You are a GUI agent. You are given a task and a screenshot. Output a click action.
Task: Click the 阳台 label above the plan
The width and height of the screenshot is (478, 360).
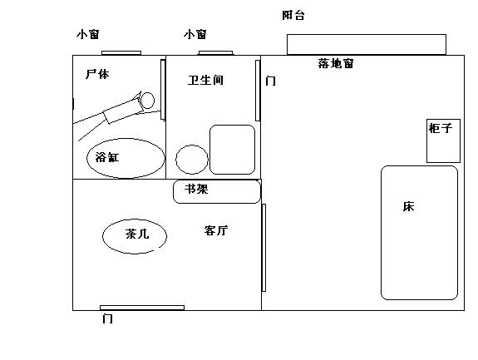point(293,15)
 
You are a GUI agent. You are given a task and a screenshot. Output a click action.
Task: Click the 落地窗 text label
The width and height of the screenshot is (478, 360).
point(336,63)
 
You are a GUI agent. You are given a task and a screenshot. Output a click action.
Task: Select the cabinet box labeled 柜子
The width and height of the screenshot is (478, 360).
point(443,141)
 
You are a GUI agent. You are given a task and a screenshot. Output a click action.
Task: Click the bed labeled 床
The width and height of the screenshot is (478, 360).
point(420,233)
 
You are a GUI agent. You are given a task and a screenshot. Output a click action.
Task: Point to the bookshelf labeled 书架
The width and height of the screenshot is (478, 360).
point(217,191)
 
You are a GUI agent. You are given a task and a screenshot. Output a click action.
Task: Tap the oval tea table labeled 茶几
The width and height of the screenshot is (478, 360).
point(135,236)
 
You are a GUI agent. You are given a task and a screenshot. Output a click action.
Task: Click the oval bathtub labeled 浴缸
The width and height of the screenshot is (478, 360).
point(126,158)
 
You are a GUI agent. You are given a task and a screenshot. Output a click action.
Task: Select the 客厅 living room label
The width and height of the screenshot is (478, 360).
point(216,230)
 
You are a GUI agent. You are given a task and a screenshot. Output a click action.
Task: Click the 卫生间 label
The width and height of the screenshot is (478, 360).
point(205,80)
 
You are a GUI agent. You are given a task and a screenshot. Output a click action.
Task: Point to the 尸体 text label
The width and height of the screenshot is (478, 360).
point(97,74)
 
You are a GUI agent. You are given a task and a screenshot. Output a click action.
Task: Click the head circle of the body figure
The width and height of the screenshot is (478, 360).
point(147,101)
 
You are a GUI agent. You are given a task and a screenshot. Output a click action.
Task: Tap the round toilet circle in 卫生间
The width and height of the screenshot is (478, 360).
point(192,160)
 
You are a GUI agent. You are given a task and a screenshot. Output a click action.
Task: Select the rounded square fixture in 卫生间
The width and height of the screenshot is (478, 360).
point(232,150)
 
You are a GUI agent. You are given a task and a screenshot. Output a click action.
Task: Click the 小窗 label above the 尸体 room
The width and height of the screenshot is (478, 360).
point(88,34)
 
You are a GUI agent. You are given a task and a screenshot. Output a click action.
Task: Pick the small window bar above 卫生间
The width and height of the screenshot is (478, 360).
point(215,53)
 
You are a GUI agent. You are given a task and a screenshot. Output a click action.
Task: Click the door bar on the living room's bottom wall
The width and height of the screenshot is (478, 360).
point(142,308)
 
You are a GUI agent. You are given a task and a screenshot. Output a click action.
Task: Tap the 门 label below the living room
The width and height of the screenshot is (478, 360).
point(107,319)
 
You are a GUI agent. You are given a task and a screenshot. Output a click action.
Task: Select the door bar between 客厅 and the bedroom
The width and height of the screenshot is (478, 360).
point(264,248)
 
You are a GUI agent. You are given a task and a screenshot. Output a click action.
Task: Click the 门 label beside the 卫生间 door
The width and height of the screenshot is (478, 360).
point(271,81)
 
